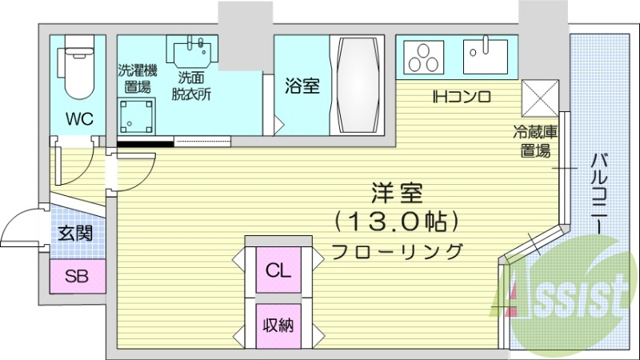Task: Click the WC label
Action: (x=79, y=119)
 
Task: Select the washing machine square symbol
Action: (x=135, y=117)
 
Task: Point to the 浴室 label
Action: (x=302, y=86)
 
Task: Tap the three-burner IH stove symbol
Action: (x=424, y=55)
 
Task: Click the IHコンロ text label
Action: (x=461, y=98)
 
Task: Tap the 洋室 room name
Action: (x=396, y=193)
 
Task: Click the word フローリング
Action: (x=398, y=250)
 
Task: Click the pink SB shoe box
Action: (x=77, y=278)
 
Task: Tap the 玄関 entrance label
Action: (x=76, y=234)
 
